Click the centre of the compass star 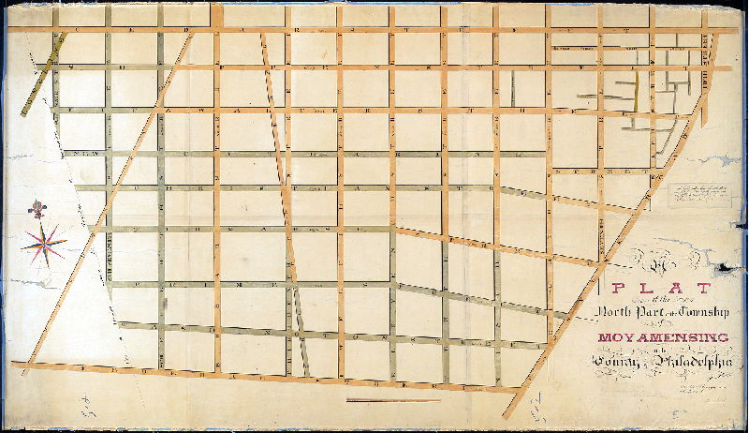click(44, 244)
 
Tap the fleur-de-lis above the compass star click(38, 206)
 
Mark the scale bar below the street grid click(393, 401)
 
